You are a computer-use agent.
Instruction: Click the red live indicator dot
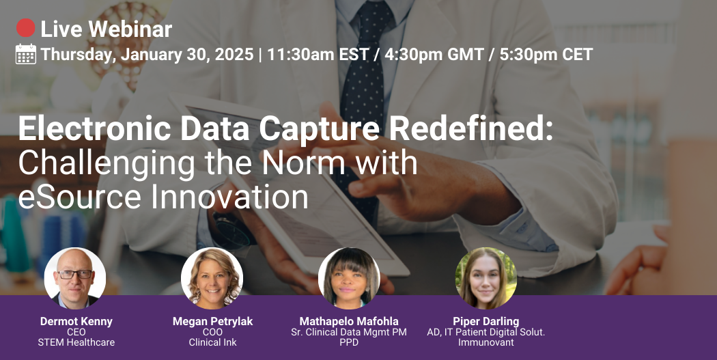click(x=26, y=28)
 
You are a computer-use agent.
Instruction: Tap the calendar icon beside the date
click(x=26, y=54)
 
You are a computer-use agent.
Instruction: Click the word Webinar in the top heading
click(x=130, y=29)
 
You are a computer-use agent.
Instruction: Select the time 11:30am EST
click(x=318, y=55)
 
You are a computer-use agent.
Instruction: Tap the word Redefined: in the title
click(x=470, y=128)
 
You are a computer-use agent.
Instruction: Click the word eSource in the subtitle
click(x=80, y=197)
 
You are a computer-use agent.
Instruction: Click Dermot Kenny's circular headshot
click(x=75, y=278)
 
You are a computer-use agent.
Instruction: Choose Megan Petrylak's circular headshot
click(x=212, y=278)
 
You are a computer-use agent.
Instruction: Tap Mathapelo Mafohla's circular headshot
click(x=349, y=278)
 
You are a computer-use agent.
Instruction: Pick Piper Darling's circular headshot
click(x=486, y=278)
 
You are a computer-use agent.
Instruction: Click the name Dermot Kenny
click(x=76, y=321)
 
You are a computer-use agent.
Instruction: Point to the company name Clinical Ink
click(x=212, y=342)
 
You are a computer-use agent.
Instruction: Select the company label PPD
click(x=349, y=342)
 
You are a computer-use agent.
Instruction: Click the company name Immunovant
click(x=486, y=342)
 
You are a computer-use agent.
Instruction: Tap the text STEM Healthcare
click(x=76, y=342)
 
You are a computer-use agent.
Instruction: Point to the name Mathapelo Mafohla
click(x=349, y=321)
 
